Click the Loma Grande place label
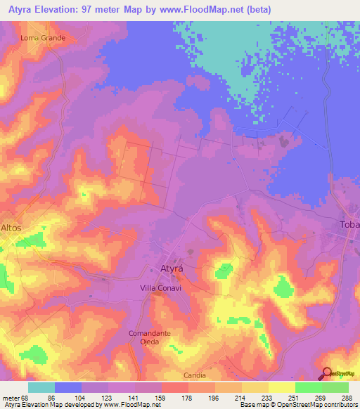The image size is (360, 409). (44, 37)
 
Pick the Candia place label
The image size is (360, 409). (195, 376)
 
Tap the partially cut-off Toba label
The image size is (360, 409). (349, 224)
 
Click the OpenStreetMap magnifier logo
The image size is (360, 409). (326, 374)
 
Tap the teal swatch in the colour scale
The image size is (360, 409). (41, 387)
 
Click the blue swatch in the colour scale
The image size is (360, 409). (68, 387)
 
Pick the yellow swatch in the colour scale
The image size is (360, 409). (281, 387)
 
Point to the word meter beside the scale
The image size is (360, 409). (10, 398)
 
